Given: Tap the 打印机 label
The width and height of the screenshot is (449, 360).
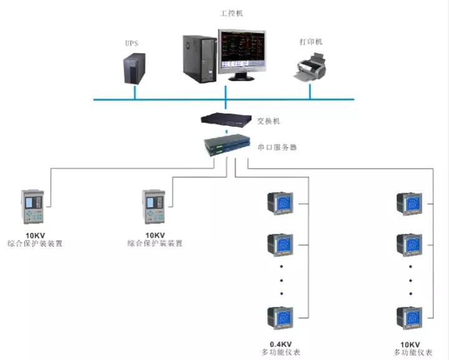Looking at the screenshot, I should click(x=311, y=42).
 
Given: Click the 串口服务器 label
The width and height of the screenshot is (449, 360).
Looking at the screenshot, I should click(x=277, y=148).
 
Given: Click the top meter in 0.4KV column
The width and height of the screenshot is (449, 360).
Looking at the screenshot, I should click(x=280, y=204).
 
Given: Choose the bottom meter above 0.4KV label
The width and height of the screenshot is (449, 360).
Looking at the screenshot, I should click(x=280, y=318).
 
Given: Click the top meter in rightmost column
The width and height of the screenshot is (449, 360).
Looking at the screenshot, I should click(x=411, y=204).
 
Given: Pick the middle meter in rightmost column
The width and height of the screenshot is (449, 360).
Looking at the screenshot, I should click(x=411, y=244).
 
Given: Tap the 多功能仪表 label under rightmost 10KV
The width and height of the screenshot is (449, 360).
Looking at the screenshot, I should click(x=412, y=353).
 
